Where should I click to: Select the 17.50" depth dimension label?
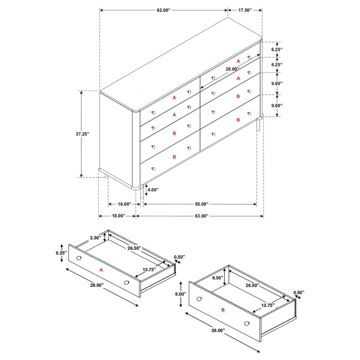tap(245, 10)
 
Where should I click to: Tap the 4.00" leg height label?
tap(153, 190)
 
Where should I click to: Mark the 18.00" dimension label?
tap(116, 216)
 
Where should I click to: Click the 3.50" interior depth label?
tap(95, 238)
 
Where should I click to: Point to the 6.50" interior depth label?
tap(217, 277)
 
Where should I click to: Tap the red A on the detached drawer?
tap(101, 269)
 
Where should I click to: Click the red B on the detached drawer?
tap(223, 311)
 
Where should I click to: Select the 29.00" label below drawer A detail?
tap(96, 285)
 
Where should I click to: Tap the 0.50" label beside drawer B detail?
tap(298, 292)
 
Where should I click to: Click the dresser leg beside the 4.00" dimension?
tap(141, 191)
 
